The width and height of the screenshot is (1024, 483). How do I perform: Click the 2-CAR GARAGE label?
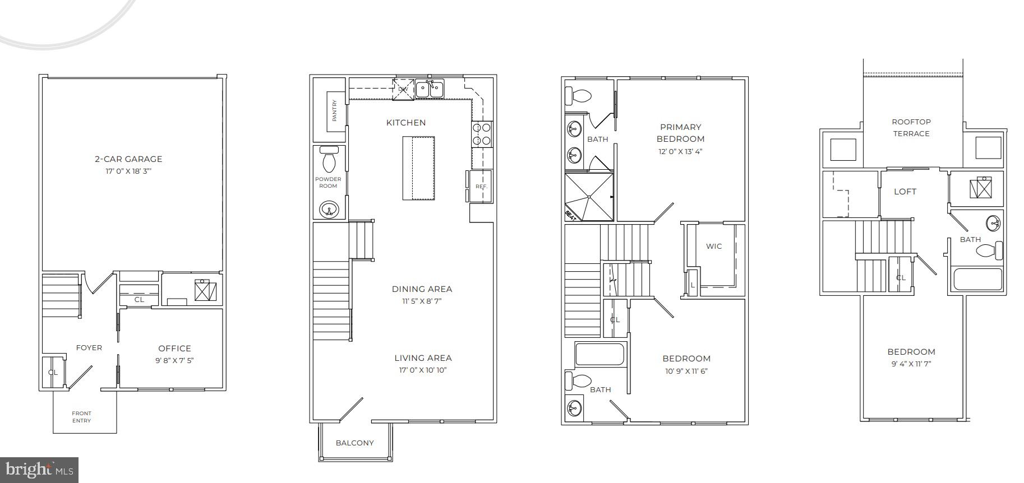click(128, 159)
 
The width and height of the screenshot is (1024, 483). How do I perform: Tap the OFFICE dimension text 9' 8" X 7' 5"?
click(174, 361)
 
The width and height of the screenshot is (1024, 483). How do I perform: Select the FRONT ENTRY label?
click(81, 417)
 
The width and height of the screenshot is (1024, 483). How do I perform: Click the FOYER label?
click(89, 348)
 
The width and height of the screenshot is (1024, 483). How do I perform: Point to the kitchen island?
click(418, 168)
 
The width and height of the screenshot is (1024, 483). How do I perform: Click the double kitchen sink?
click(430, 89)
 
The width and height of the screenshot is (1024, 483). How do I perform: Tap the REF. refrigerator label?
click(481, 187)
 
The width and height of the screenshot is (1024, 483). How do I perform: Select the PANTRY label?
click(335, 110)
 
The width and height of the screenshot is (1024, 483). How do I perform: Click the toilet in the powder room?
click(329, 160)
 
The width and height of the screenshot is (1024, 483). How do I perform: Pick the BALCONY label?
click(354, 443)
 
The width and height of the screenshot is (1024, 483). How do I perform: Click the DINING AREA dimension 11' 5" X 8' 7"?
click(422, 301)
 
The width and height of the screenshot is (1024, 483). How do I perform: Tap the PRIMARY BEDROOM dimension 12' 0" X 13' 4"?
click(680, 151)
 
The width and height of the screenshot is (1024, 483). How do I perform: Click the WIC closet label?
click(714, 247)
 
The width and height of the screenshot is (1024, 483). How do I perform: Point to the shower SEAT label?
click(571, 215)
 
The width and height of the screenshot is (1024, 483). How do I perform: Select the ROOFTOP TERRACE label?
click(911, 128)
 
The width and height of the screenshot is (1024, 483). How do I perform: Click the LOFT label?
click(905, 192)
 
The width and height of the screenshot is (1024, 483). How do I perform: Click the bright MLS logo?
click(39, 470)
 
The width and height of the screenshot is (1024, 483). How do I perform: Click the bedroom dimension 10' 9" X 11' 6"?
click(686, 371)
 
